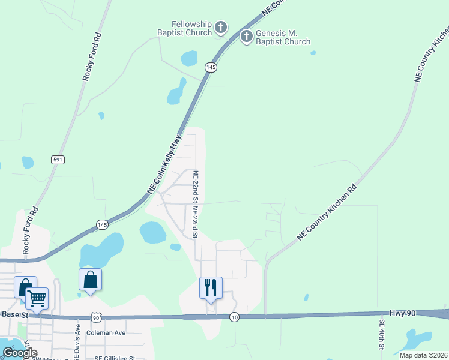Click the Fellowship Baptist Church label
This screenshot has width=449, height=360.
(x=184, y=28)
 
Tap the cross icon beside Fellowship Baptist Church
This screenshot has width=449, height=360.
(x=221, y=27)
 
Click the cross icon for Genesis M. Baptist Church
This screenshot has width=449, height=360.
(x=246, y=37)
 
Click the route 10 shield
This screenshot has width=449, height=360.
(x=235, y=317)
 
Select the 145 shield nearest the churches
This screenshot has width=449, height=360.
(x=210, y=68)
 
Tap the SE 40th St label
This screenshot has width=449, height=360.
(x=381, y=334)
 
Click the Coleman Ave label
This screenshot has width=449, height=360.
(x=106, y=332)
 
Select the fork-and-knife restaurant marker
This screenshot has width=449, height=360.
(x=211, y=287)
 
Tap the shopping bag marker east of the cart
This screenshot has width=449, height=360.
(x=90, y=279)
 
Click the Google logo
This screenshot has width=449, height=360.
(x=20, y=352)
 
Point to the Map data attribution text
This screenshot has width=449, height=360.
(x=423, y=355)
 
